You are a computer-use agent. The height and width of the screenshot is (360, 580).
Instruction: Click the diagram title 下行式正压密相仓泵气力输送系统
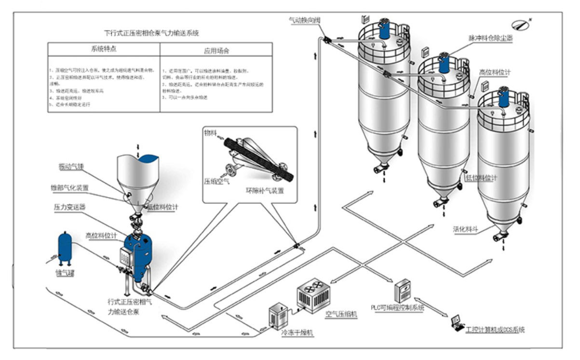[152, 34]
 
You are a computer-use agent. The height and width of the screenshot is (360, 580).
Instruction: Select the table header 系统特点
[103, 49]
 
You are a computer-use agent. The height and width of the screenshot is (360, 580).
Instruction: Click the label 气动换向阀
[304, 20]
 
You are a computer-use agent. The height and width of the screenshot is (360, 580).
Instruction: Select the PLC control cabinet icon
[402, 291]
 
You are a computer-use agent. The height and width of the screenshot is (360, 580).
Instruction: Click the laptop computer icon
[456, 322]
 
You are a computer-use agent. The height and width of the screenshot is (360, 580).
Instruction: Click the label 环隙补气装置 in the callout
[265, 191]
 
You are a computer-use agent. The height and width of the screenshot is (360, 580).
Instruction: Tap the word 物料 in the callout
[211, 132]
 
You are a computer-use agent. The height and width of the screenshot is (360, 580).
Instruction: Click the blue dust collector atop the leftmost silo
[384, 29]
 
